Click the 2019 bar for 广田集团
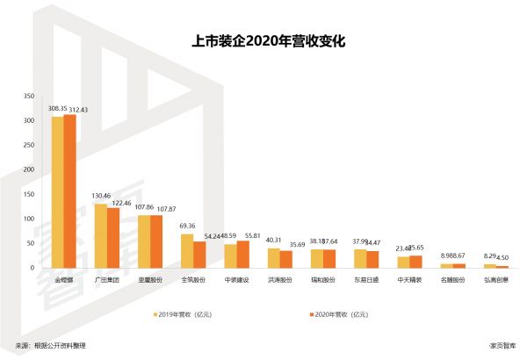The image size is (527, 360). pos(100,235)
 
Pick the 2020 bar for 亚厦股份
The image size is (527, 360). pos(156,241)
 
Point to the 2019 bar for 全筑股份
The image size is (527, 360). pos(186,250)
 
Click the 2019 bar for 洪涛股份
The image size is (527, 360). pos(273,257)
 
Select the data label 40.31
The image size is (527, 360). pos(274,241)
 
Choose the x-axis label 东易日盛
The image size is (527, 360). pos(366,282)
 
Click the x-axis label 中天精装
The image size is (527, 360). pos(409,282)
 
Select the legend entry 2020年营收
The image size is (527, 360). pos(335,313)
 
